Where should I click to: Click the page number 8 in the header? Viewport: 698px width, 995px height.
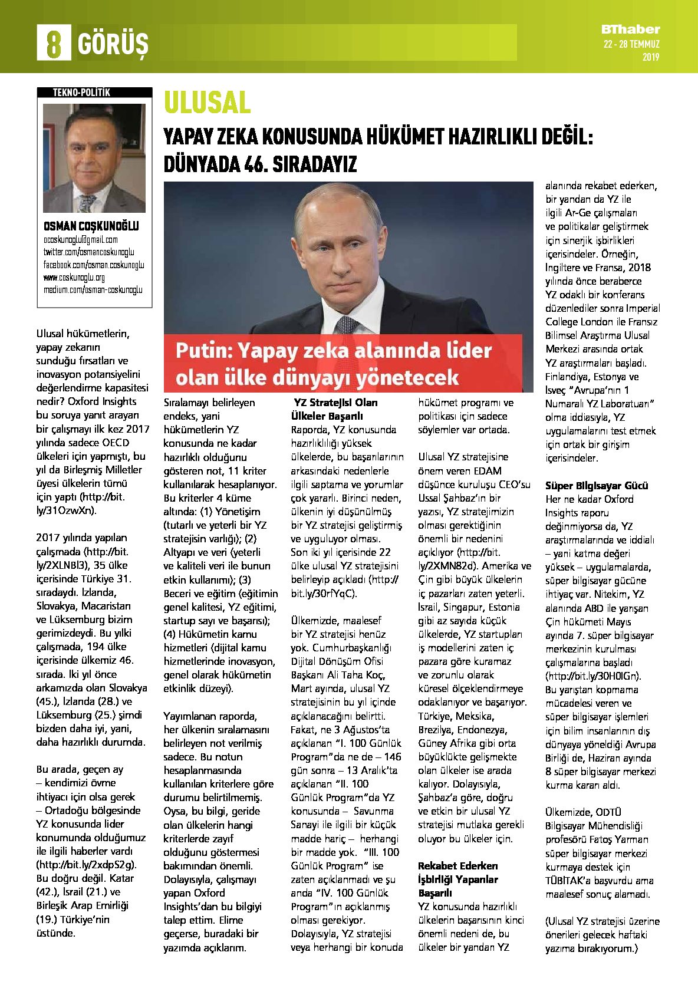53,43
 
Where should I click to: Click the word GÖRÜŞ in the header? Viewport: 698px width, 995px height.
112,44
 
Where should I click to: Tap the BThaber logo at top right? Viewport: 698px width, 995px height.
630,29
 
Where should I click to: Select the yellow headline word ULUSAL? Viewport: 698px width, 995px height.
207,103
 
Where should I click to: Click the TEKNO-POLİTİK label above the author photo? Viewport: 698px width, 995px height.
81,93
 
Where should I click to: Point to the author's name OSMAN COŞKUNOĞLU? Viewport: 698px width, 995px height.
91,226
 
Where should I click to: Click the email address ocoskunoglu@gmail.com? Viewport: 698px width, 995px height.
81,240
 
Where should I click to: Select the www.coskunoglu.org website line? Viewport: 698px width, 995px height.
74,277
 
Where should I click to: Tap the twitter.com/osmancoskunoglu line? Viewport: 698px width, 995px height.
88,252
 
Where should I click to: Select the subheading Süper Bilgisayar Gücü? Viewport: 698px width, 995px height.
597,486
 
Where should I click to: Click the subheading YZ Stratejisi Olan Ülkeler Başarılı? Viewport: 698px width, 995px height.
335,409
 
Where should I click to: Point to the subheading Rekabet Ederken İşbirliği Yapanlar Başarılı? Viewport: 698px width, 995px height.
458,879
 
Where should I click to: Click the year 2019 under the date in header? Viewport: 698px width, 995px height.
651,57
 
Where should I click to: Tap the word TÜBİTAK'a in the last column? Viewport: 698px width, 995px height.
570,881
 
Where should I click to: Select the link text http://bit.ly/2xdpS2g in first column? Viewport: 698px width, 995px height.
87,865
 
